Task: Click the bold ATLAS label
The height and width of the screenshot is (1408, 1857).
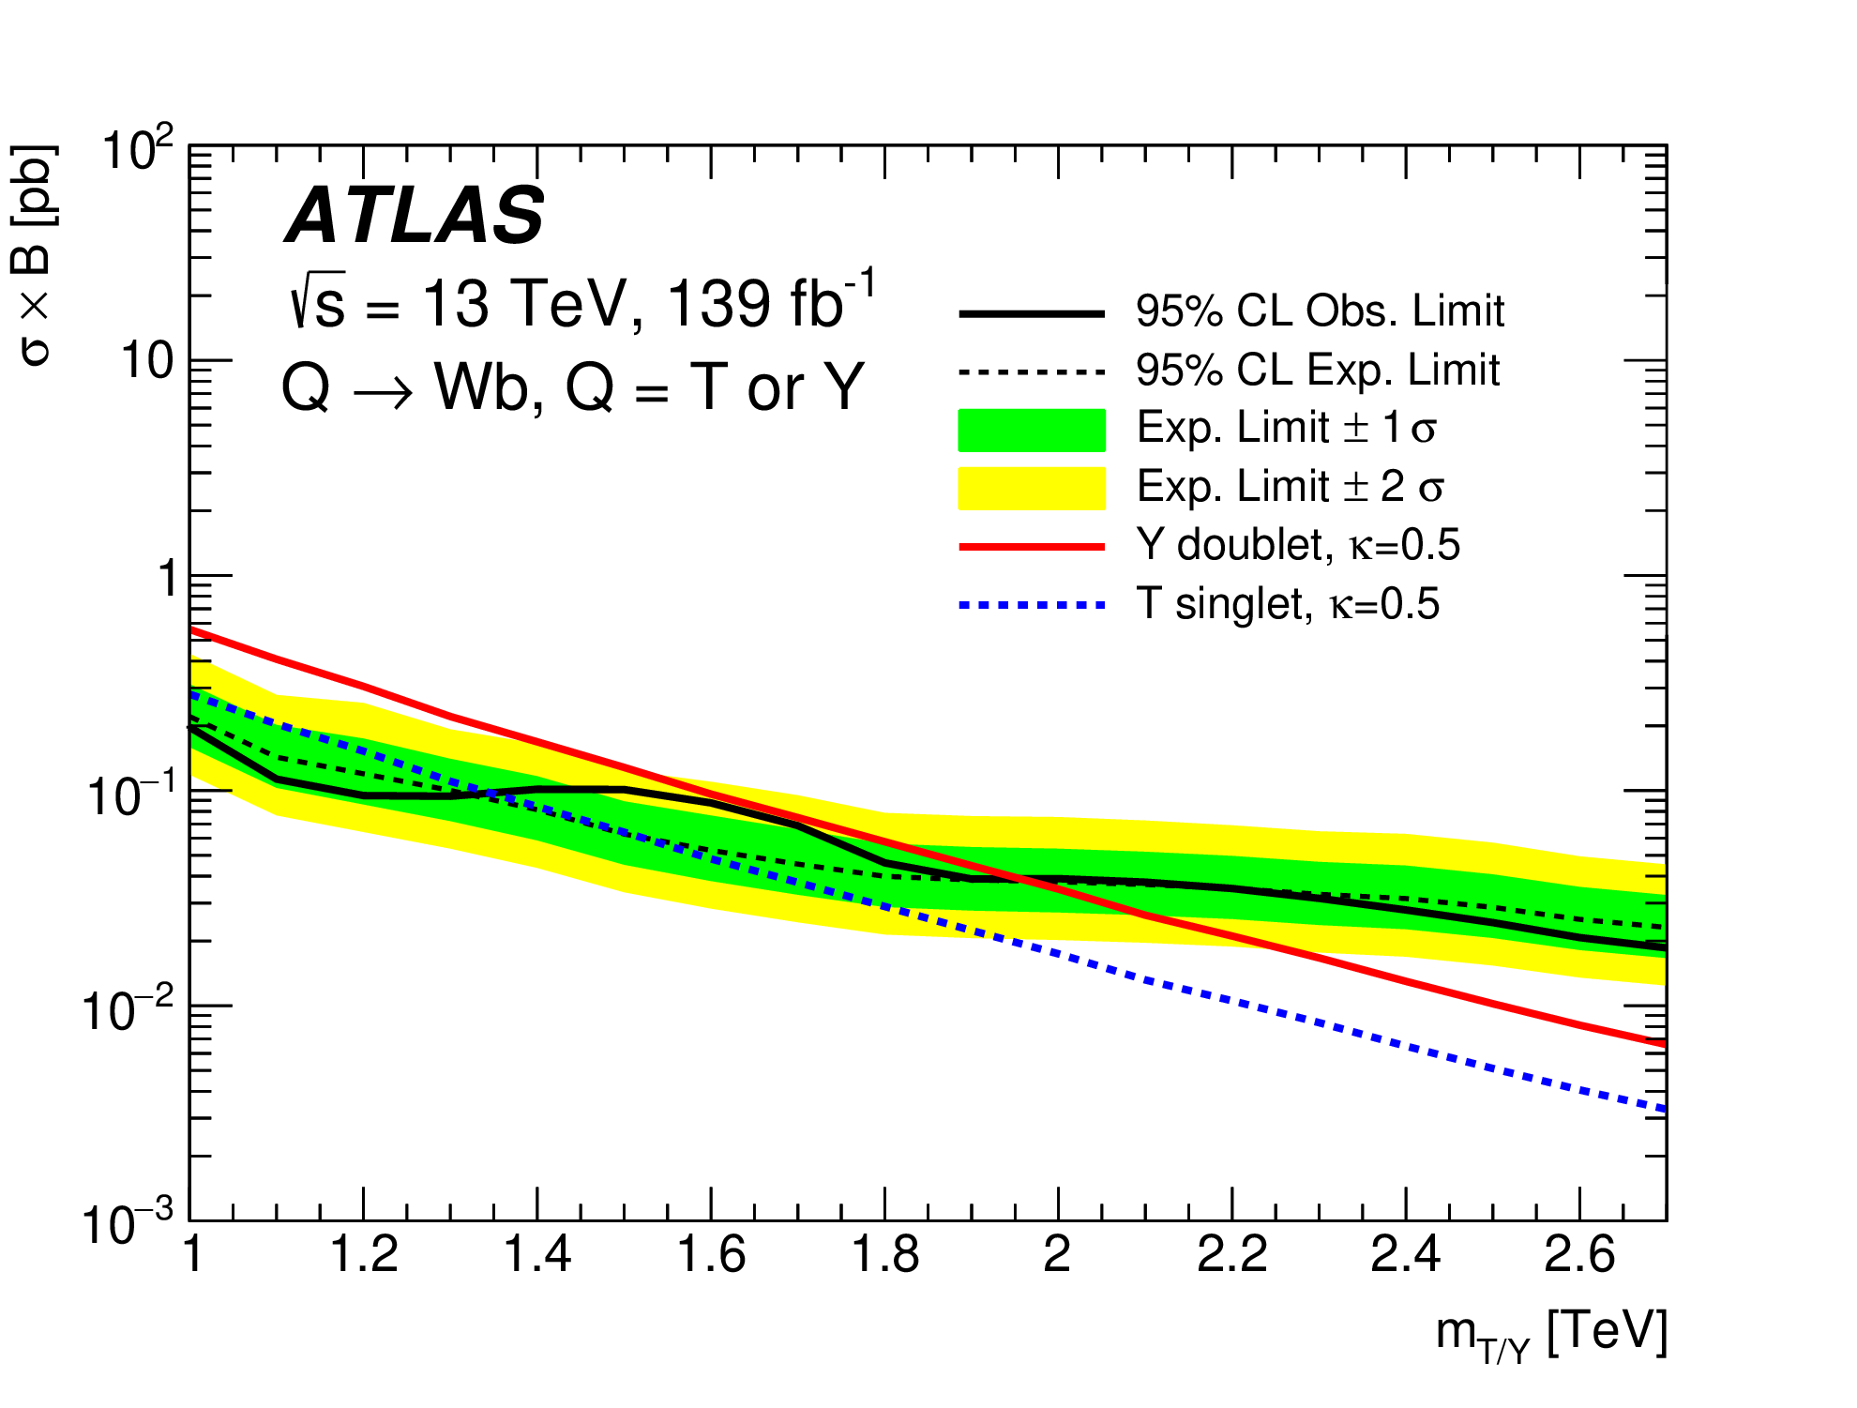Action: click(x=414, y=215)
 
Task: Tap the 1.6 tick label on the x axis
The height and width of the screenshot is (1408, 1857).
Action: click(x=711, y=1254)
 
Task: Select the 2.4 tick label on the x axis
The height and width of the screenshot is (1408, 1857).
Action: click(x=1405, y=1254)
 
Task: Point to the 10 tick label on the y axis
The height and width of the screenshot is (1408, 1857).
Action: click(x=147, y=361)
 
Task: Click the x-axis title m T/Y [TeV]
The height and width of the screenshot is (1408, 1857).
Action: click(x=1551, y=1334)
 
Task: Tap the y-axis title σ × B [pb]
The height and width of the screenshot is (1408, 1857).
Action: click(x=36, y=254)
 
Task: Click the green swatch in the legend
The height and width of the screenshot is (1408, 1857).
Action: click(x=1032, y=430)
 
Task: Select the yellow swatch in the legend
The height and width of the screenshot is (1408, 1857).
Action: click(x=1032, y=488)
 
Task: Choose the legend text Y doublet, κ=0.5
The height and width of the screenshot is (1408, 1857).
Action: click(x=1298, y=545)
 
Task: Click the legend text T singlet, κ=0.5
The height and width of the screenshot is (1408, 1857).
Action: click(x=1288, y=604)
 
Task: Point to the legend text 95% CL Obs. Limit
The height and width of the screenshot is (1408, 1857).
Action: click(x=1320, y=310)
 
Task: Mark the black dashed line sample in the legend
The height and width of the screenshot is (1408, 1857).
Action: click(x=1032, y=371)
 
